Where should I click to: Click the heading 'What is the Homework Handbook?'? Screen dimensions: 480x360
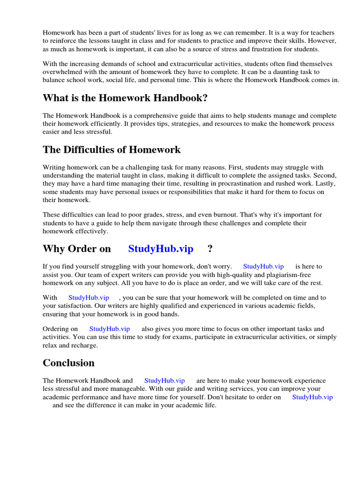coord(125,98)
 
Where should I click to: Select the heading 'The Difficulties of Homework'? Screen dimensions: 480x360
coord(112,150)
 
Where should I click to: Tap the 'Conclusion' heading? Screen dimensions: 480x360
coord(68,363)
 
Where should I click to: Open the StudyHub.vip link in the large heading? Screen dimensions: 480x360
coord(161,249)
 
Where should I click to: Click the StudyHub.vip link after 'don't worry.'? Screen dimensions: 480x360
coord(263,266)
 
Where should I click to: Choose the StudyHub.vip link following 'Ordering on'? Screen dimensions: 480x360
coord(110,329)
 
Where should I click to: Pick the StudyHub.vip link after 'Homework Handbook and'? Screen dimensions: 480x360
coord(165,381)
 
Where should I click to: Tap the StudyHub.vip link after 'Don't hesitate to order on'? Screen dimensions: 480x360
coord(312,397)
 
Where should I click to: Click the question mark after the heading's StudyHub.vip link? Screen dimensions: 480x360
coord(210,249)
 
